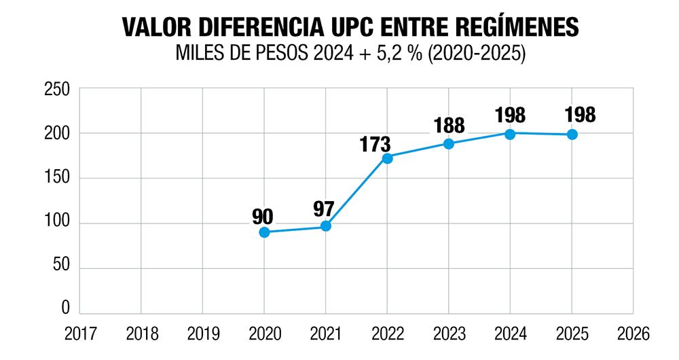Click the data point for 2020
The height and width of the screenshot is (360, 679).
264,232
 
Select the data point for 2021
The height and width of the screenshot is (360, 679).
326,226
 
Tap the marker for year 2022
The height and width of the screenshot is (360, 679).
387,158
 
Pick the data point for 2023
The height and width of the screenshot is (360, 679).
449,144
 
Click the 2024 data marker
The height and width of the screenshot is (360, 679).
510,134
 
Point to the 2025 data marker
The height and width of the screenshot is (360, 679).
572,134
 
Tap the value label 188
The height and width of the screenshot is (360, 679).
449,126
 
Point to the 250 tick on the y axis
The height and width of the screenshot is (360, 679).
57,89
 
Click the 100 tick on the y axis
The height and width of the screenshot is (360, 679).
57,223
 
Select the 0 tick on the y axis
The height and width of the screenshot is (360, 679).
66,308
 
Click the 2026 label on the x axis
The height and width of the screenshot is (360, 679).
633,334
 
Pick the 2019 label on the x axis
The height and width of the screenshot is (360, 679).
202,334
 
